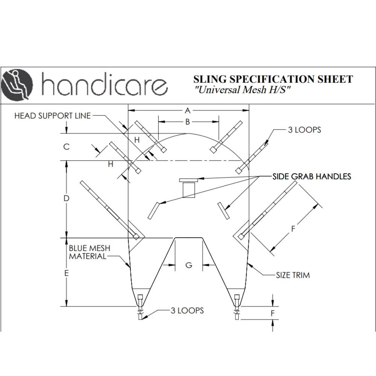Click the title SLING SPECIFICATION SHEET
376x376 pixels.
[273, 79]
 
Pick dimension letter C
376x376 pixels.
[66, 147]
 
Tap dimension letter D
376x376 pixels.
[66, 198]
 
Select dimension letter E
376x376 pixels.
[66, 273]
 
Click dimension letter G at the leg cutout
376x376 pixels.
[189, 265]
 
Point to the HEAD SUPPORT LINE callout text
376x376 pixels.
[52, 116]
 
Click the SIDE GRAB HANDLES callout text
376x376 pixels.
[312, 176]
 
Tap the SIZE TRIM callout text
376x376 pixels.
[293, 275]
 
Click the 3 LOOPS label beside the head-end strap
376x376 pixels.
[304, 130]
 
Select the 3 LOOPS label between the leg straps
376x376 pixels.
[187, 311]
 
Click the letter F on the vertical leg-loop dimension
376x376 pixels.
[273, 313]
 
